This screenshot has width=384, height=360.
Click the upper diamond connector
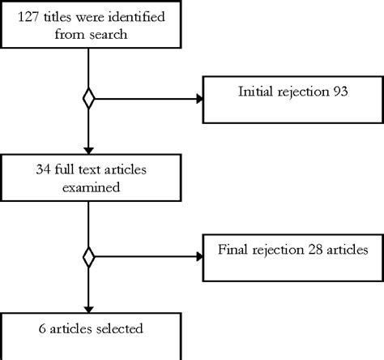tap(88, 99)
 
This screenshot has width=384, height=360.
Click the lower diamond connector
tap(88, 257)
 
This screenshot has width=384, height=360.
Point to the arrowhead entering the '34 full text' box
tap(88, 153)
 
